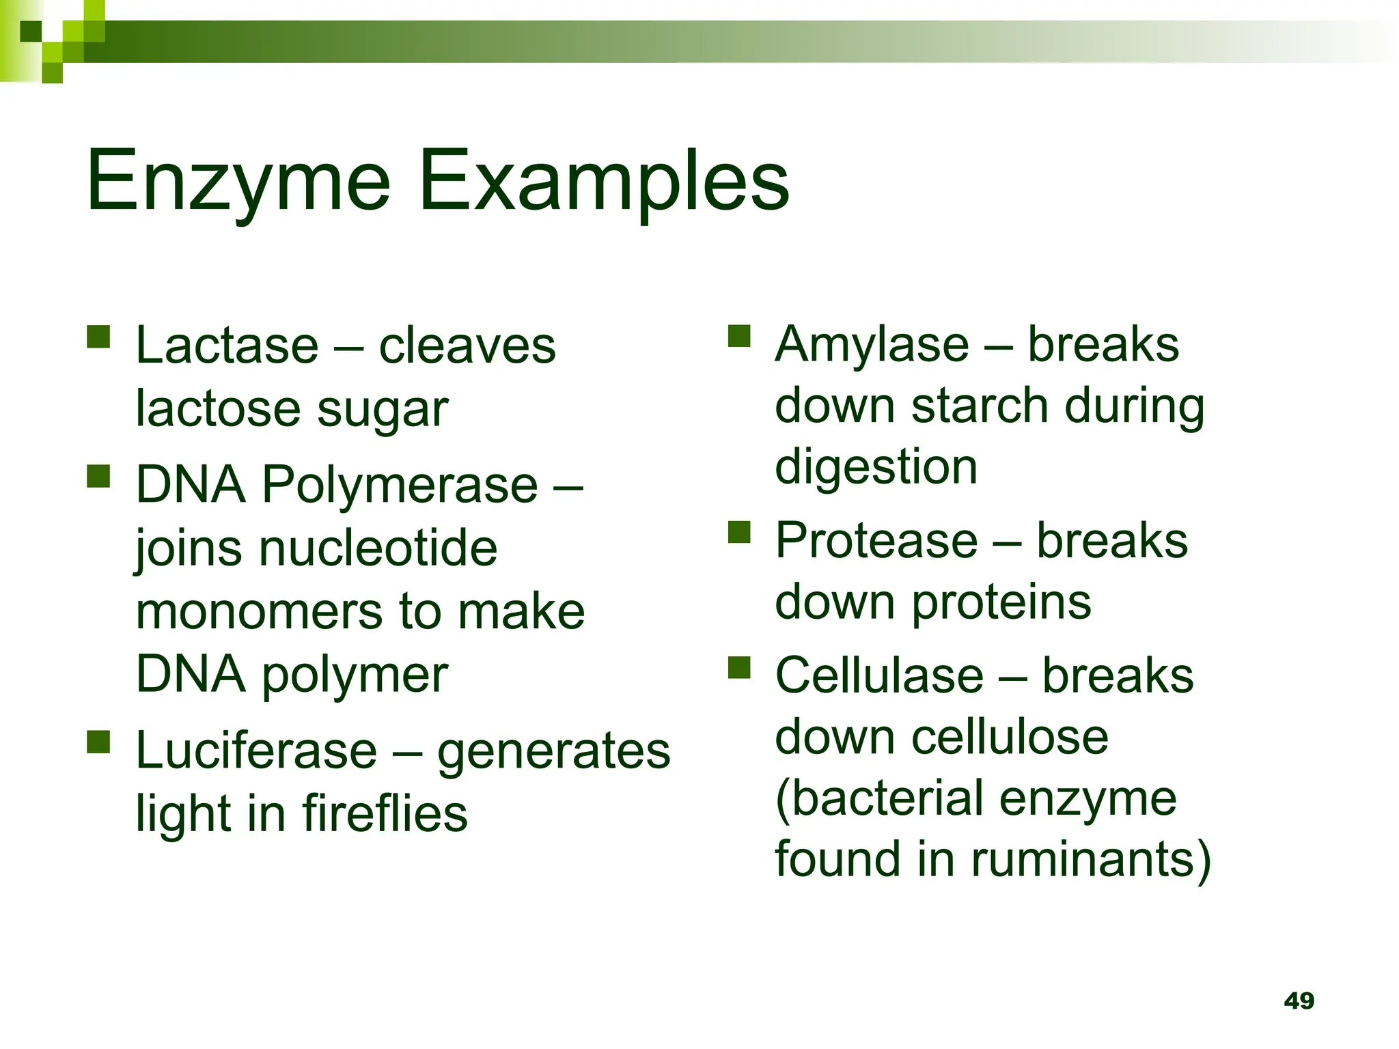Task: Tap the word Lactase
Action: (227, 346)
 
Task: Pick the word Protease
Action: (876, 541)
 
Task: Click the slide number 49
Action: (1299, 1001)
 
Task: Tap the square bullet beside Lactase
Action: (99, 337)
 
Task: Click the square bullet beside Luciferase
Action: (99, 742)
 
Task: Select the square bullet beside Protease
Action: (739, 531)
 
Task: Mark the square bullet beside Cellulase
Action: (739, 667)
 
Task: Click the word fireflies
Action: (385, 814)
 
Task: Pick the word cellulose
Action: (1010, 738)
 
